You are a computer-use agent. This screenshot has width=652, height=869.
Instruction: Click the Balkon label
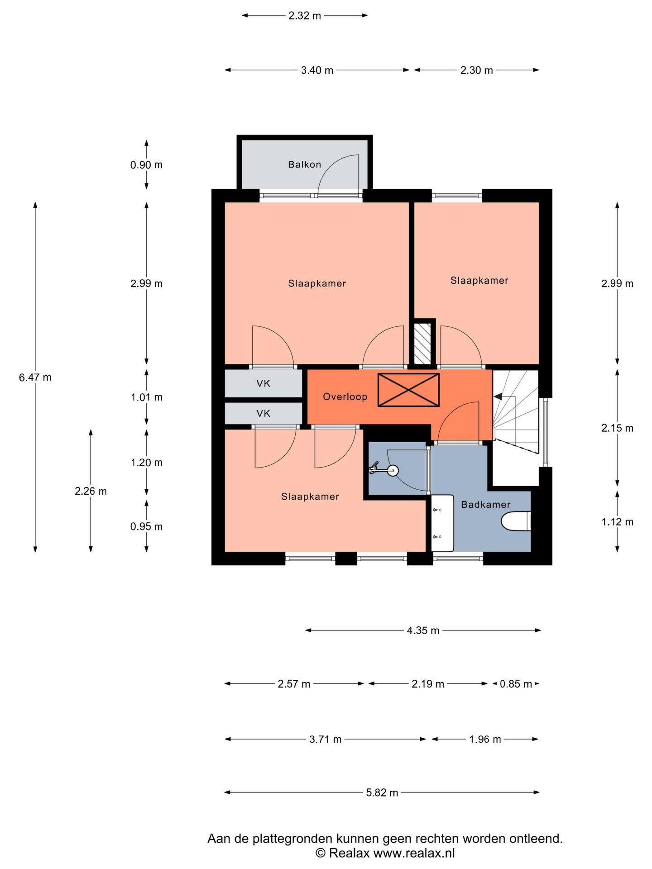click(304, 164)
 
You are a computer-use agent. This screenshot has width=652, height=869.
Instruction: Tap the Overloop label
click(345, 397)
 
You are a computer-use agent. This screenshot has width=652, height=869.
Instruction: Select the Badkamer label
click(485, 504)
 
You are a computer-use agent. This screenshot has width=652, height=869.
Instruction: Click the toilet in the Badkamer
click(516, 521)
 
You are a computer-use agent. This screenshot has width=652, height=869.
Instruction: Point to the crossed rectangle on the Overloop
click(408, 390)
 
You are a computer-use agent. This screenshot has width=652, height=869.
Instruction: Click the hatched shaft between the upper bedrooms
click(423, 343)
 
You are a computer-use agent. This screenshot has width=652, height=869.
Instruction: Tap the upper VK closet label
click(263, 383)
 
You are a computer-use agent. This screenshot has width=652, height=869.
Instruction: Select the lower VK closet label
click(263, 413)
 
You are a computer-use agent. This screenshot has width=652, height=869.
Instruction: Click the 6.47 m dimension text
click(35, 377)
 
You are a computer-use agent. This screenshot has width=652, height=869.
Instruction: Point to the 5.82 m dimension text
click(382, 793)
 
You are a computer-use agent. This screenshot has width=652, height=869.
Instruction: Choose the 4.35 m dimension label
click(423, 630)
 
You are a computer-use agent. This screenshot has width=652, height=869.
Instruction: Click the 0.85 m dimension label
click(516, 684)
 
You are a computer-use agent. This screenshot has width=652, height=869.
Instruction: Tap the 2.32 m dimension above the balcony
click(305, 16)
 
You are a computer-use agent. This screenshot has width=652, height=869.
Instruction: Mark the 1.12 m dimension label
click(617, 522)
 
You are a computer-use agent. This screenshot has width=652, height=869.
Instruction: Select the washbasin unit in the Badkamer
click(442, 523)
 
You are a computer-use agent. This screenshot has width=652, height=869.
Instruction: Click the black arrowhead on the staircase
click(498, 396)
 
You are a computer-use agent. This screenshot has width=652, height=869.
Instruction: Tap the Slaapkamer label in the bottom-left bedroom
click(310, 497)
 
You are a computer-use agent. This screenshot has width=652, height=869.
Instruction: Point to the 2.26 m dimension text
click(91, 491)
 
